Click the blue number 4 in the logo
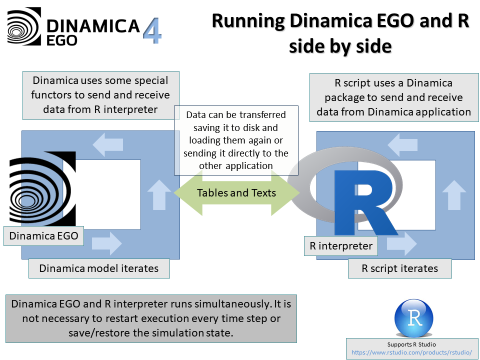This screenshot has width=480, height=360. click(x=152, y=30)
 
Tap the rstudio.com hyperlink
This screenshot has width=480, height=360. click(x=411, y=352)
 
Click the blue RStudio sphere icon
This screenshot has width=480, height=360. click(x=413, y=318)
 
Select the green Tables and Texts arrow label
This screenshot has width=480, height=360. click(x=236, y=193)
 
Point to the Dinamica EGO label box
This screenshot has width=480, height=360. click(x=43, y=235)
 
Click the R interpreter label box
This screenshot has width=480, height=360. click(x=340, y=246)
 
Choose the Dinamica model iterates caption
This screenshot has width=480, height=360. click(x=99, y=268)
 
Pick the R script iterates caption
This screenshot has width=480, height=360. click(x=400, y=268)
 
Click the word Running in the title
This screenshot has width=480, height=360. click(x=248, y=21)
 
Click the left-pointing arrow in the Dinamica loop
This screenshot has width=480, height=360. click(x=108, y=144)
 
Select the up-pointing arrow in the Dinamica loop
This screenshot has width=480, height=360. click(x=159, y=194)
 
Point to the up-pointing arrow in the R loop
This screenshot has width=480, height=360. click(x=454, y=195)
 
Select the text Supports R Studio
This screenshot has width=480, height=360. click(x=411, y=344)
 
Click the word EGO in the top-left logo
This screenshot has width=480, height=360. click(x=61, y=40)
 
